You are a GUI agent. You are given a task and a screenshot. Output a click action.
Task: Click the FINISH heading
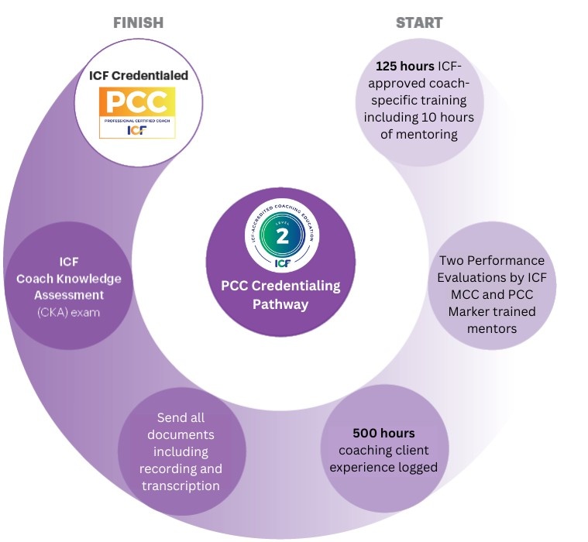click(x=138, y=22)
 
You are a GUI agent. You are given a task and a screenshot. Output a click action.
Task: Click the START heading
click(x=419, y=22)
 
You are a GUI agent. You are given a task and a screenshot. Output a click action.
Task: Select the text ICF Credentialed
click(x=139, y=76)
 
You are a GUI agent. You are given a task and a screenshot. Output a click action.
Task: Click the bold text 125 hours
click(x=404, y=67)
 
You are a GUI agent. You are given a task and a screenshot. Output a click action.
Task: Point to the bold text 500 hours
click(x=383, y=433)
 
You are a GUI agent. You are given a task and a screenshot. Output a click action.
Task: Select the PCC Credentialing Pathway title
click(x=280, y=295)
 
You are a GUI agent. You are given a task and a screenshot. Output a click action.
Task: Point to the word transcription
click(x=181, y=485)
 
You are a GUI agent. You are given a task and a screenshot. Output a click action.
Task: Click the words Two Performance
click(x=491, y=260)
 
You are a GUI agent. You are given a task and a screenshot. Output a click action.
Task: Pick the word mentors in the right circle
click(x=491, y=328)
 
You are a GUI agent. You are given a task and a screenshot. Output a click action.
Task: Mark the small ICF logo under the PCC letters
click(x=136, y=130)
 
